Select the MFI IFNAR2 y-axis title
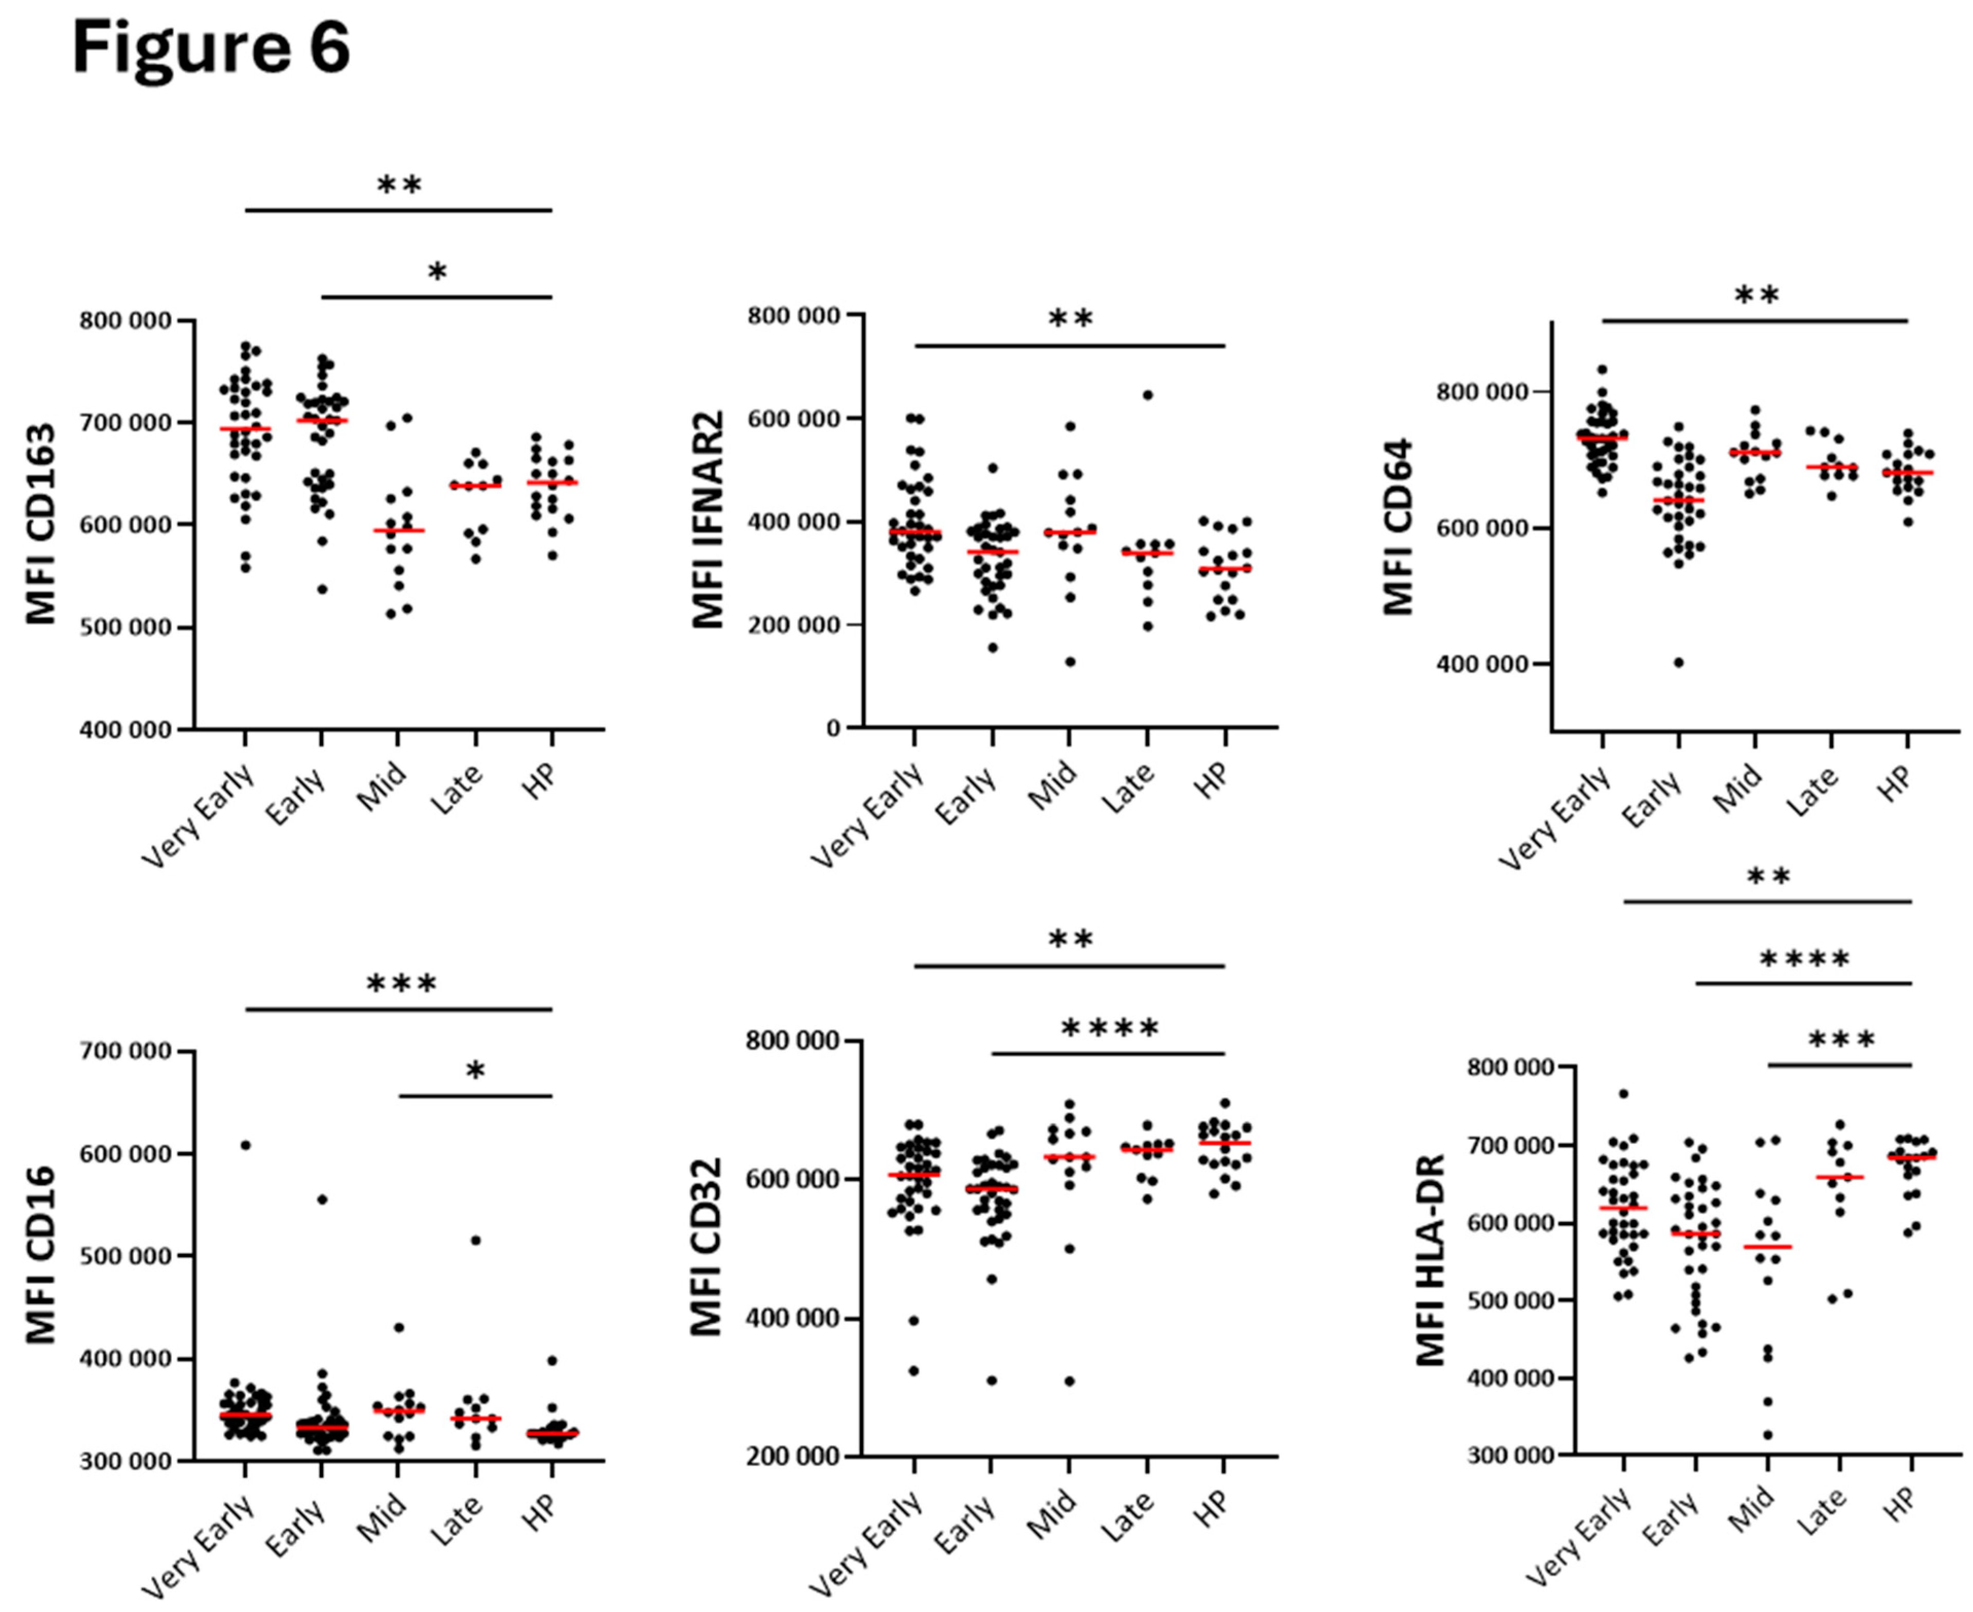click(x=708, y=520)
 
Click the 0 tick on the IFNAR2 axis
click(x=833, y=727)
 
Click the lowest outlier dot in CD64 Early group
click(x=1679, y=662)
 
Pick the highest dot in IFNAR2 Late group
click(x=1147, y=395)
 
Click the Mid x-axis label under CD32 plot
click(x=1052, y=1514)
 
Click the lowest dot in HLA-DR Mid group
click(x=1768, y=1435)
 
